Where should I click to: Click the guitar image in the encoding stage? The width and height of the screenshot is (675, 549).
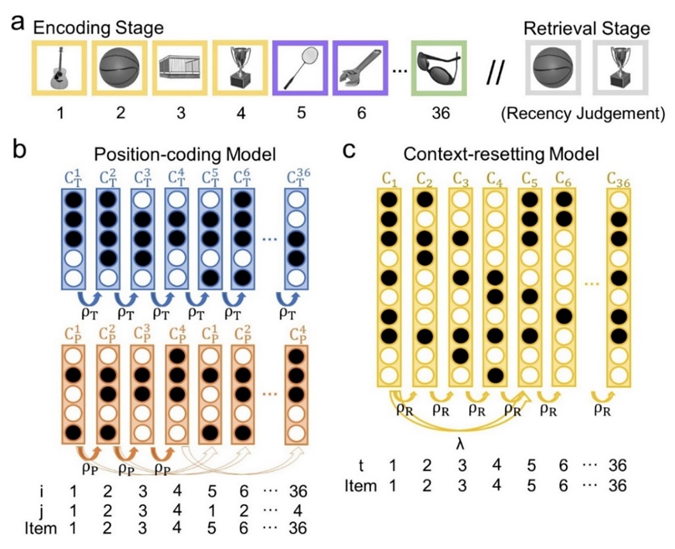[x=59, y=69]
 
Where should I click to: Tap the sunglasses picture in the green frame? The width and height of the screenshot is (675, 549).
[x=439, y=68]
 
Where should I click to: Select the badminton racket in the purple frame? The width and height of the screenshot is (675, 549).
[x=300, y=69]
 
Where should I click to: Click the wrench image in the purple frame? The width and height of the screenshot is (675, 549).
[x=360, y=69]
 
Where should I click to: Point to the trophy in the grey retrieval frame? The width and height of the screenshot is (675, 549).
[x=620, y=69]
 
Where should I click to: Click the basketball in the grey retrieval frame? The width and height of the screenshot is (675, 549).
[x=553, y=69]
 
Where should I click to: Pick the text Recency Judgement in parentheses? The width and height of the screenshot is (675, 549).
[x=583, y=114]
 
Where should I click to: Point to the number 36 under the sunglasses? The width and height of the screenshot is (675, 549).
[x=440, y=113]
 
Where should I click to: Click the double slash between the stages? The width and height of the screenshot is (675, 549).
[x=495, y=73]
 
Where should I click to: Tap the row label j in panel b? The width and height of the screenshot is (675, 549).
[x=41, y=510]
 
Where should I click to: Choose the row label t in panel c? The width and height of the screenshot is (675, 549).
[x=361, y=465]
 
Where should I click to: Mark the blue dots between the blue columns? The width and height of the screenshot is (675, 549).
[x=269, y=239]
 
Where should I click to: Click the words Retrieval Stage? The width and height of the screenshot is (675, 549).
[x=586, y=29]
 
